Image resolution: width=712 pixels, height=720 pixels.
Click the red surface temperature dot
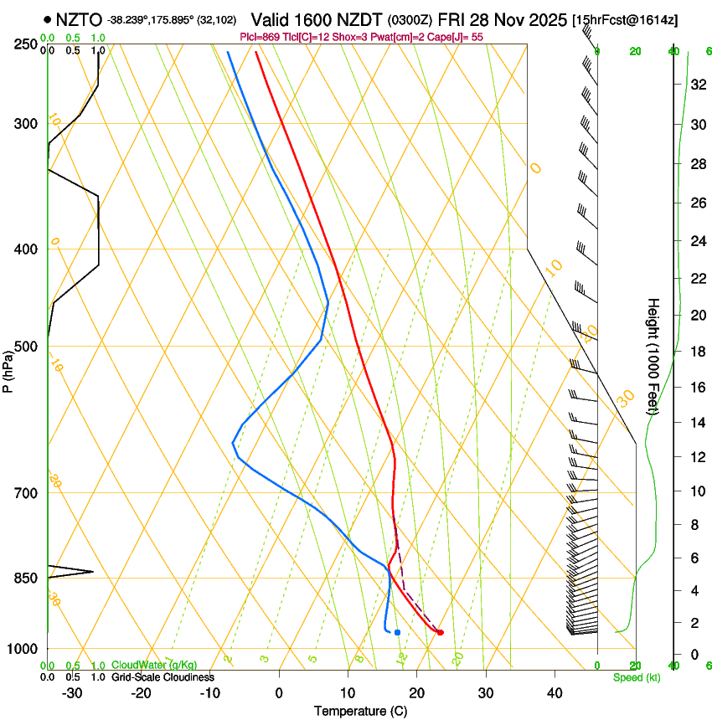point(440,632)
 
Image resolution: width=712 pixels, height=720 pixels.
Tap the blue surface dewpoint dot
point(397,632)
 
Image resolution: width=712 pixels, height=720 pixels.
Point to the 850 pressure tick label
point(24,579)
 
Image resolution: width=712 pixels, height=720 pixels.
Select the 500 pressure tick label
point(24,347)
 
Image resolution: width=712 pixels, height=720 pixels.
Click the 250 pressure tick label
point(24,44)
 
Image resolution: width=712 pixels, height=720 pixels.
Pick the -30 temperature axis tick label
point(72,692)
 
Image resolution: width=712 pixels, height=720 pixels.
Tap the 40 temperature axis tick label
point(554,692)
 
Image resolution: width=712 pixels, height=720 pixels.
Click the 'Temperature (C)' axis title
point(360,711)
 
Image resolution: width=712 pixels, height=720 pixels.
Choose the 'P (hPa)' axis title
point(8,368)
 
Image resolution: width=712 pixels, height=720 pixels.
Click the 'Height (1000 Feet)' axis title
point(653,356)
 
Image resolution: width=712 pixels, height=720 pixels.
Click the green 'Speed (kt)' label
point(636,677)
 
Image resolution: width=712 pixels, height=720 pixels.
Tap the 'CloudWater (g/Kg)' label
point(154,666)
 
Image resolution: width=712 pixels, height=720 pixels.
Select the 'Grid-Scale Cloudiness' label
point(163,677)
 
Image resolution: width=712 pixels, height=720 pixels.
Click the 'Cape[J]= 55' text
point(458,37)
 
